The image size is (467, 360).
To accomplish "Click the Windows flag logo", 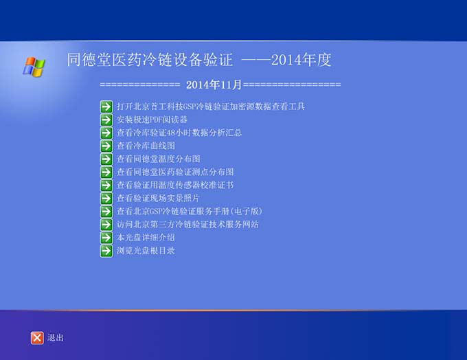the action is click(x=34, y=67).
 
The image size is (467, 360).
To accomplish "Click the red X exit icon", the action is click(x=37, y=338).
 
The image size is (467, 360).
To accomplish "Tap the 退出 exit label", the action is click(x=56, y=337).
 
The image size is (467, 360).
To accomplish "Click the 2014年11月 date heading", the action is click(x=214, y=85).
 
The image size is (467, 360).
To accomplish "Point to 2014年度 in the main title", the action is click(x=301, y=60).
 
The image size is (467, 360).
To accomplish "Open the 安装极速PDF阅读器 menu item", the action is click(x=152, y=120).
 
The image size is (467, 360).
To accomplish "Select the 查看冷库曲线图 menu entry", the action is click(x=146, y=146).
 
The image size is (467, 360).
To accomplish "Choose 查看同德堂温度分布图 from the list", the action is click(x=159, y=159).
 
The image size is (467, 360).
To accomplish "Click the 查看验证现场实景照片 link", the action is click(x=158, y=198).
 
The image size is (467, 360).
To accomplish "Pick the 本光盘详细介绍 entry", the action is click(x=146, y=238).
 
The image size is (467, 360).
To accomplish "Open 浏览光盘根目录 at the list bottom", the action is click(x=146, y=251).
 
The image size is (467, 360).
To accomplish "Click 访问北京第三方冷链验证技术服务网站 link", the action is click(x=187, y=225).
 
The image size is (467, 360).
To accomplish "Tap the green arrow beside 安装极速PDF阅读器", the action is click(x=106, y=120).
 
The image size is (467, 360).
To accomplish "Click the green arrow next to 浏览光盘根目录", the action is click(x=106, y=251).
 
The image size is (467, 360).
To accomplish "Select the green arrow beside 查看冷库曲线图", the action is click(x=106, y=146).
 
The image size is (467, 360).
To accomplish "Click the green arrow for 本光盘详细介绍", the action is click(x=106, y=238).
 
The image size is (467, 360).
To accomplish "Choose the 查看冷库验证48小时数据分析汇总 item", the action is click(x=179, y=133).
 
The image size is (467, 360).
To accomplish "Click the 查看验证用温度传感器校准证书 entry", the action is click(x=175, y=185).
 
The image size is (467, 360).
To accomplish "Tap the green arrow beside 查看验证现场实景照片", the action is click(x=106, y=199).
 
